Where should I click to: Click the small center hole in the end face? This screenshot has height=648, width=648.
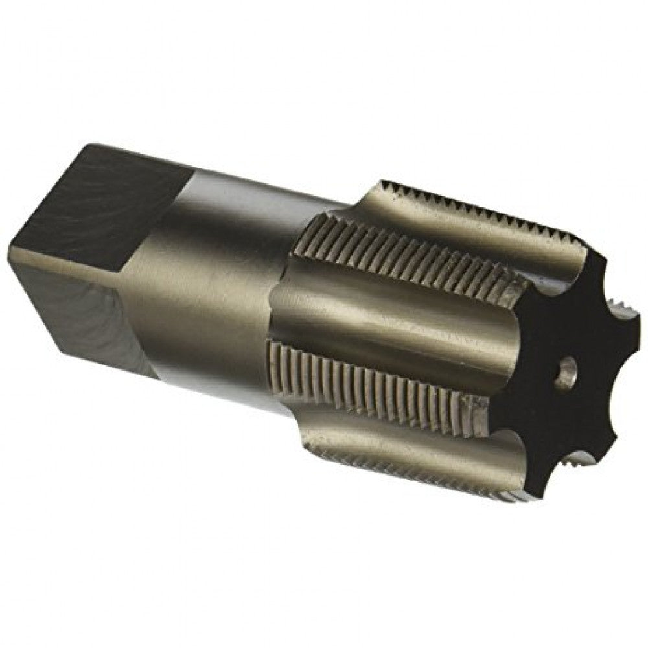pyautogui.click(x=566, y=374)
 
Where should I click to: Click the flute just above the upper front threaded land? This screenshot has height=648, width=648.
pyautogui.click(x=454, y=227)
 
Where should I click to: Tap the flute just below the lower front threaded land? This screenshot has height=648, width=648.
pyautogui.click(x=421, y=441)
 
